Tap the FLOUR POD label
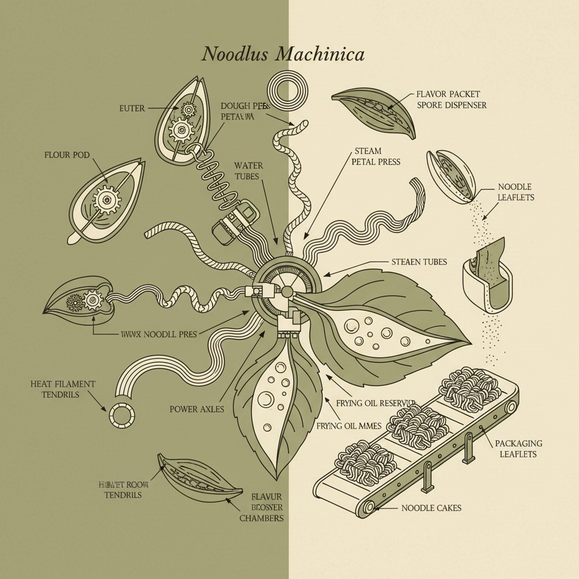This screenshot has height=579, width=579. (x=66, y=154)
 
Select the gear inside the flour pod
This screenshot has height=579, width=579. (x=106, y=199)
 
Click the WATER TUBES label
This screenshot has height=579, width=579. (x=249, y=170)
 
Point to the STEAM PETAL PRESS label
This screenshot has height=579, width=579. (x=375, y=157)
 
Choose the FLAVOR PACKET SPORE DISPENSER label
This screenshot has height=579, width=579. (x=451, y=100)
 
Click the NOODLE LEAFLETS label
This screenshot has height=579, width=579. (x=515, y=192)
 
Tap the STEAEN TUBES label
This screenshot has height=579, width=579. (x=419, y=262)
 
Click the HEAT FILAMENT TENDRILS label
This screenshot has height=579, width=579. (x=63, y=389)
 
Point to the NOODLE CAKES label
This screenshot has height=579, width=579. (x=431, y=508)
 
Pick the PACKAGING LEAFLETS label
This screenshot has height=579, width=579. (x=518, y=448)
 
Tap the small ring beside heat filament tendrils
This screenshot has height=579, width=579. (x=122, y=416)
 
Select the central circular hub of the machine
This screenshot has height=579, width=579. (x=287, y=289)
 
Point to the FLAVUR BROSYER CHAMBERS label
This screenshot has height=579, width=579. (x=261, y=507)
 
